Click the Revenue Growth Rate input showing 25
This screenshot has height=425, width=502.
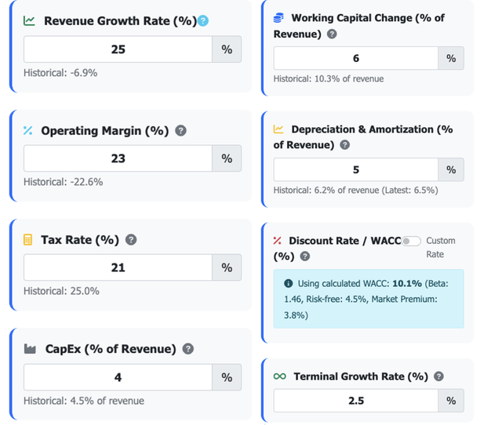118,49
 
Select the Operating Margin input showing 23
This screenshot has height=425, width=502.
118,158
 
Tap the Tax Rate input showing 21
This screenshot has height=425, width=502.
118,267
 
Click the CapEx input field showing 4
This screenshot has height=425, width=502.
118,377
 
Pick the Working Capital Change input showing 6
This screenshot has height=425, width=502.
355,58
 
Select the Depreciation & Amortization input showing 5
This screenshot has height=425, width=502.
355,169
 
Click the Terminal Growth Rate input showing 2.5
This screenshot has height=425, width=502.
355,401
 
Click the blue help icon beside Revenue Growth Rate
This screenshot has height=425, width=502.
203,20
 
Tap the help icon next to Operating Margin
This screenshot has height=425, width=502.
181,131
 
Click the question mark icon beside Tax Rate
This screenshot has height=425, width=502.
131,240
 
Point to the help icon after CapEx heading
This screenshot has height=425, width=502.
188,349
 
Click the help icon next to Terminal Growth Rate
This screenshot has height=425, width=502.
438,376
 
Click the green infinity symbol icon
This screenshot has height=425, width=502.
280,376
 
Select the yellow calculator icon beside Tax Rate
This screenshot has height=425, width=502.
29,240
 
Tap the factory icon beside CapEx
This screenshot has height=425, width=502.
30,349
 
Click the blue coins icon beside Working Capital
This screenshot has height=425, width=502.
279,17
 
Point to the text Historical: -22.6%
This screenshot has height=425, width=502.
63,182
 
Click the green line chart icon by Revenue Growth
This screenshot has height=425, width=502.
30,21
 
